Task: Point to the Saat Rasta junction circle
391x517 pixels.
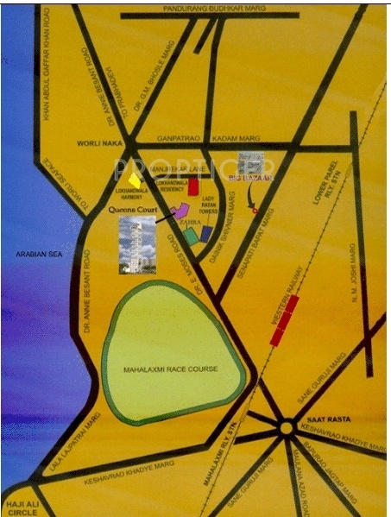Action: tap(286, 426)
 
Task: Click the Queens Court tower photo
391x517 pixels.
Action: tap(137, 244)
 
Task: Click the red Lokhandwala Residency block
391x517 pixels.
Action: tap(195, 186)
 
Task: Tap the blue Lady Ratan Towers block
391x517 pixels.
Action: tap(206, 231)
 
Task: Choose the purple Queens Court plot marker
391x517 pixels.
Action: tap(181, 210)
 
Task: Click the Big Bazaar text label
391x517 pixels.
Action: tap(249, 177)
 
